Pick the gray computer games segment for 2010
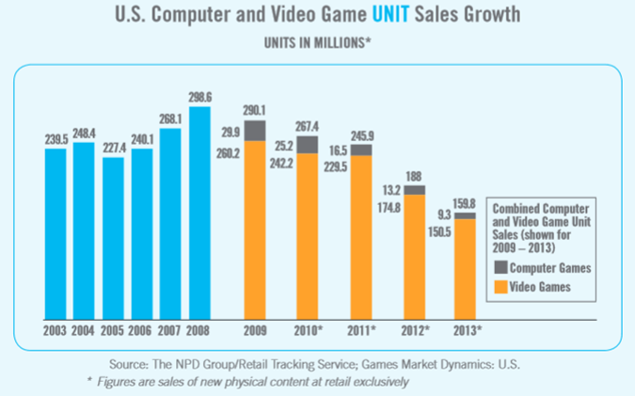(x=308, y=144)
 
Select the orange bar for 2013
(x=465, y=268)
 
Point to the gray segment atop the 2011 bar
(x=361, y=150)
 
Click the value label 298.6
(x=199, y=97)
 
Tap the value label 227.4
(x=113, y=148)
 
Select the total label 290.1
(x=255, y=110)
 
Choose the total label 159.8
(x=465, y=203)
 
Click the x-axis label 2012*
(x=415, y=331)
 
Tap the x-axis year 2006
(x=142, y=331)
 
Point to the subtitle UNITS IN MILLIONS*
(x=317, y=43)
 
